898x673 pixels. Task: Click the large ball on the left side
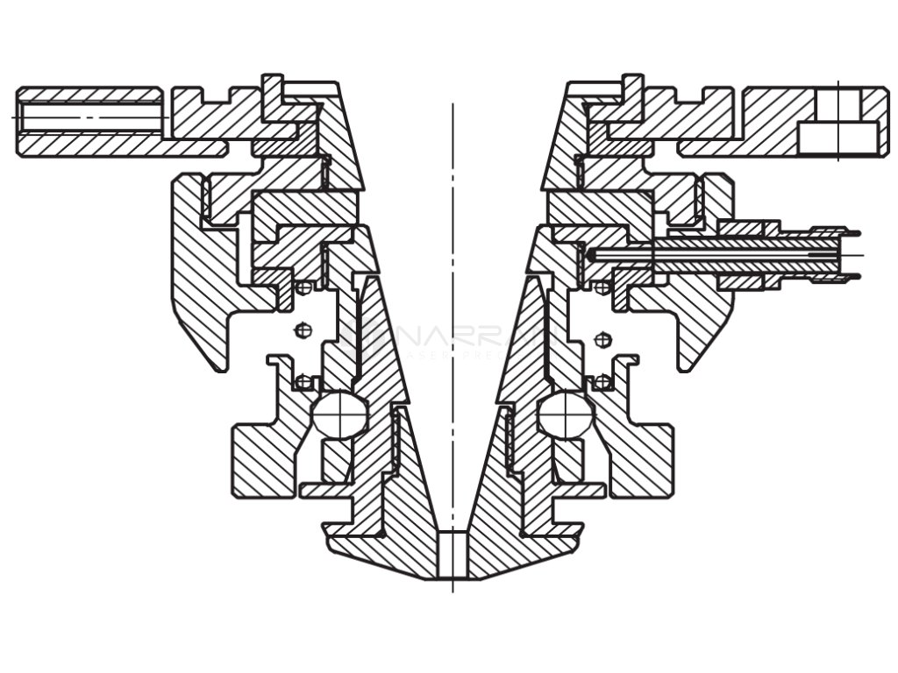tap(340, 414)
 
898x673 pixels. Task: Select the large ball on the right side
tap(565, 414)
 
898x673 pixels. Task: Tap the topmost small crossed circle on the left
tap(303, 287)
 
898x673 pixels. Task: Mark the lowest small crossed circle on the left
tap(303, 381)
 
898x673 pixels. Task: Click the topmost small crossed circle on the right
tap(602, 287)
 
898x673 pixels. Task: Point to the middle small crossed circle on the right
tap(602, 338)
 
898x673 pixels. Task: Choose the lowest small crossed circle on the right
tap(602, 381)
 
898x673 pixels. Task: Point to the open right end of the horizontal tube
tap(852, 255)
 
